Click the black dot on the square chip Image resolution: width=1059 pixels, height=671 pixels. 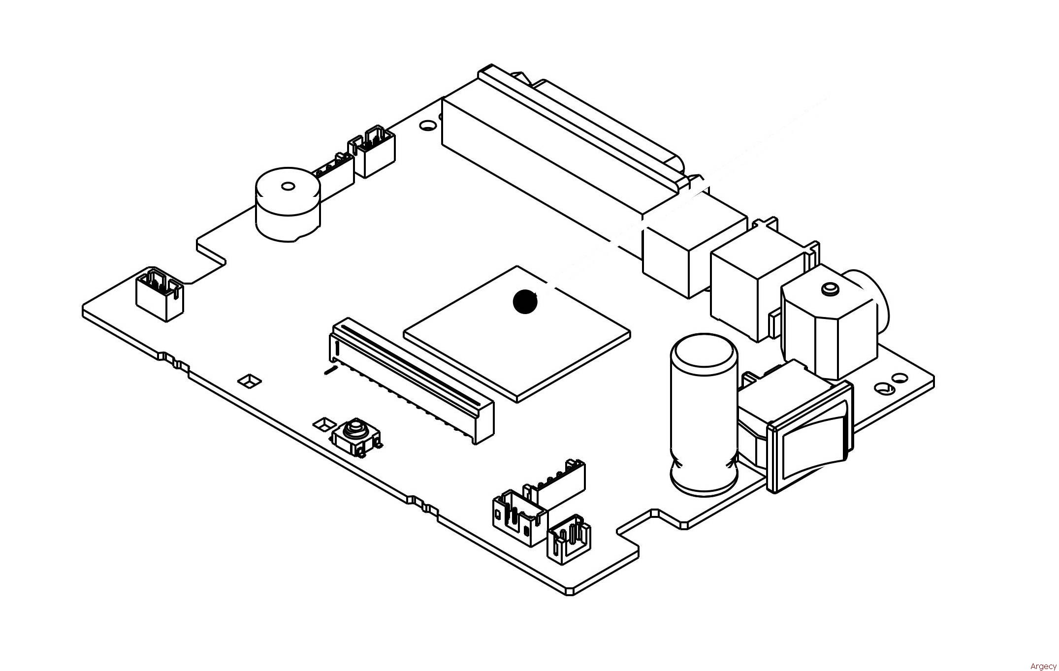tap(525, 301)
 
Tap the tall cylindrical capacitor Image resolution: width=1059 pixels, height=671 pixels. tap(704, 413)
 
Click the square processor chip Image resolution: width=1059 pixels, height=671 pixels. tap(517, 334)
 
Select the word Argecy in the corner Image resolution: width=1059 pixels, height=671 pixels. tap(1043, 666)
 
